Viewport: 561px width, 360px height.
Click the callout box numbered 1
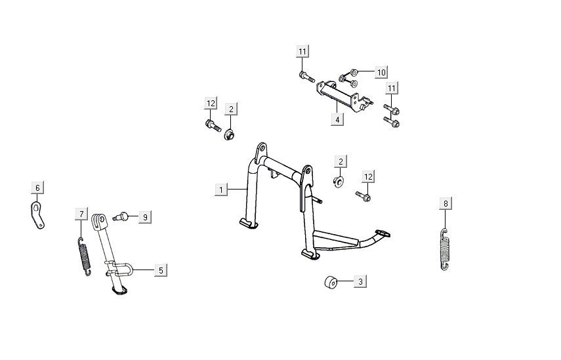pos(221,190)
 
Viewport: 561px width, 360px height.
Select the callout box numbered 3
pos(360,281)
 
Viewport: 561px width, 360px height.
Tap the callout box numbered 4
pos(337,119)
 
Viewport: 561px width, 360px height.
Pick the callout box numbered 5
pos(161,270)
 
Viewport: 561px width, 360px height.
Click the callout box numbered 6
pos(37,188)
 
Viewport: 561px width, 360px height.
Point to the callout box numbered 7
pos(81,214)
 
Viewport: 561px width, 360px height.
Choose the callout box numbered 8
pos(446,204)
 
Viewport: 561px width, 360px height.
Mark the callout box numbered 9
pos(145,217)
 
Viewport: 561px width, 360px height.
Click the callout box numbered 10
pos(381,72)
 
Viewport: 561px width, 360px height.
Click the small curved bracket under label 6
pos(37,215)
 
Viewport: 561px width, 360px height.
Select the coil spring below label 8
pos(444,249)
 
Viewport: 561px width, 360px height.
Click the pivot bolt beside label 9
pos(121,216)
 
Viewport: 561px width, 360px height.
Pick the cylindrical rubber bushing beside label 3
pos(331,283)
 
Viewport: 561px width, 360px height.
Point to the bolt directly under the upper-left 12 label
pos(213,126)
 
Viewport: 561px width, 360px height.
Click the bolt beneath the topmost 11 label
pos(306,77)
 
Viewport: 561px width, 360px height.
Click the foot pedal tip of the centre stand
pos(383,234)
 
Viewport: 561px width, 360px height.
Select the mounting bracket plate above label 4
pos(343,96)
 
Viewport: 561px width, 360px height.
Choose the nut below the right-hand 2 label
pos(339,181)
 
